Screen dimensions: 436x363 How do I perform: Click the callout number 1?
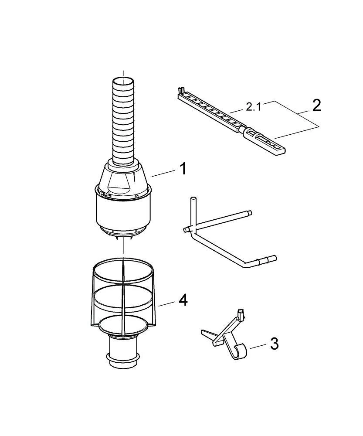[183, 168]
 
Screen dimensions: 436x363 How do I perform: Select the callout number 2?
[316, 106]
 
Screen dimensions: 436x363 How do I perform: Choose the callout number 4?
[183, 300]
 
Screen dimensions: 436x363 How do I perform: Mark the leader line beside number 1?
[163, 173]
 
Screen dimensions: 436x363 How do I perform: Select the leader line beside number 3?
[258, 346]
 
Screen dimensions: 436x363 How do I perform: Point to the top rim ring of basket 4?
[123, 266]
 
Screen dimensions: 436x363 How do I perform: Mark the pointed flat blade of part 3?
[208, 334]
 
